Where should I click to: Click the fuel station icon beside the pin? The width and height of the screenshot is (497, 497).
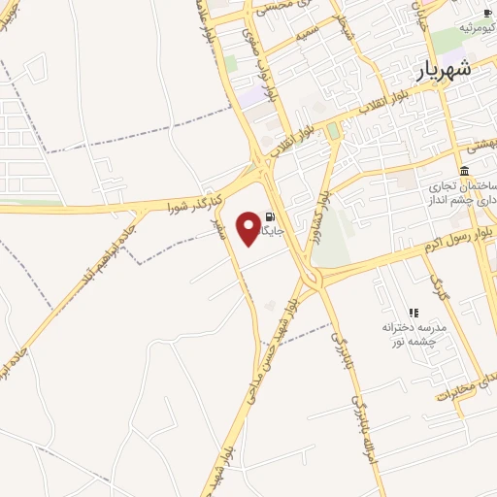tap(270, 217)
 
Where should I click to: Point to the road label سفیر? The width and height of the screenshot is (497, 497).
tap(220, 228)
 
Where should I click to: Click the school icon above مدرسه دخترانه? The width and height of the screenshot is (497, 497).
tap(414, 313)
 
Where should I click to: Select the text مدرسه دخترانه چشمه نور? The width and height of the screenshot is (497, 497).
tap(413, 335)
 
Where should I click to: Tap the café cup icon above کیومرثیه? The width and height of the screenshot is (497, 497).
tap(484, 14)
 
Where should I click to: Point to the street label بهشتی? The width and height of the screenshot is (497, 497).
tap(480, 144)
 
